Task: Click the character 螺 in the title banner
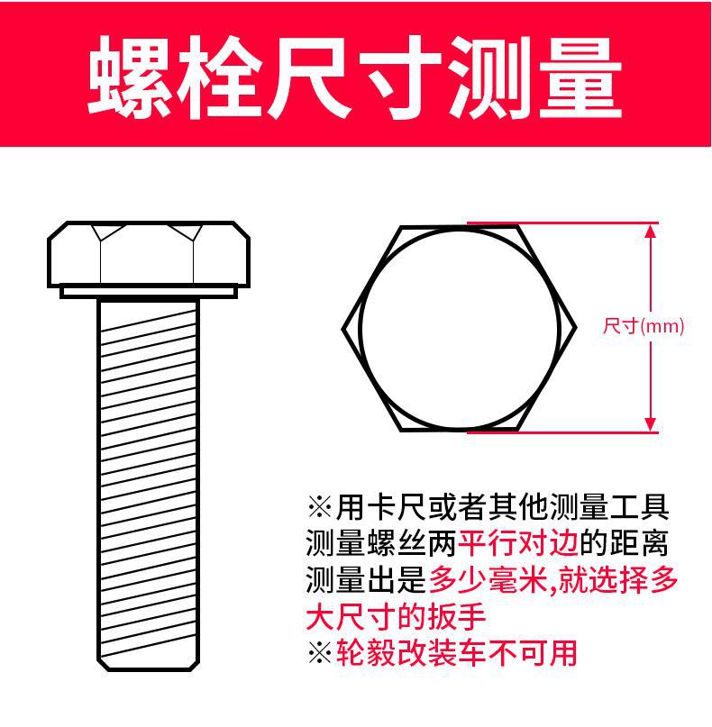[129, 77]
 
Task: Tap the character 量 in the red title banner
[580, 77]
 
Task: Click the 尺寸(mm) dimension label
[644, 326]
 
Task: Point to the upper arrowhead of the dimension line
[651, 231]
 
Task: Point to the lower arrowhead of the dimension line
[651, 425]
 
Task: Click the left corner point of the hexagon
[343, 329]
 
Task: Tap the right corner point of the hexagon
[576, 328]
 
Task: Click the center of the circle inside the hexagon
[460, 329]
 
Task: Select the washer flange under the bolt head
[149, 292]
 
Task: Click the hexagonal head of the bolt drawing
[149, 254]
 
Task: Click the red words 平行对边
[517, 543]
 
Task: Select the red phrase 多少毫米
[488, 579]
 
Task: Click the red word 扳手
[456, 616]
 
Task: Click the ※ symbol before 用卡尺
[320, 507]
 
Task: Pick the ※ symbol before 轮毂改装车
[320, 653]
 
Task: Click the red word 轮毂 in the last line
[366, 653]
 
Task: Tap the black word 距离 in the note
[639, 543]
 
